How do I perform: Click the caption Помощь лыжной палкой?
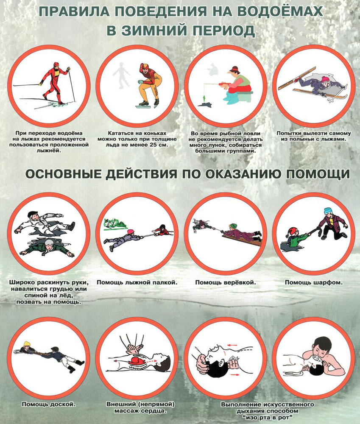click(137, 282)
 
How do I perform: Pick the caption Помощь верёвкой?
click(226, 282)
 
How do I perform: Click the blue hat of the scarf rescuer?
click(328, 210)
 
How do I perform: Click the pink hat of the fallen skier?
click(326, 79)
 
